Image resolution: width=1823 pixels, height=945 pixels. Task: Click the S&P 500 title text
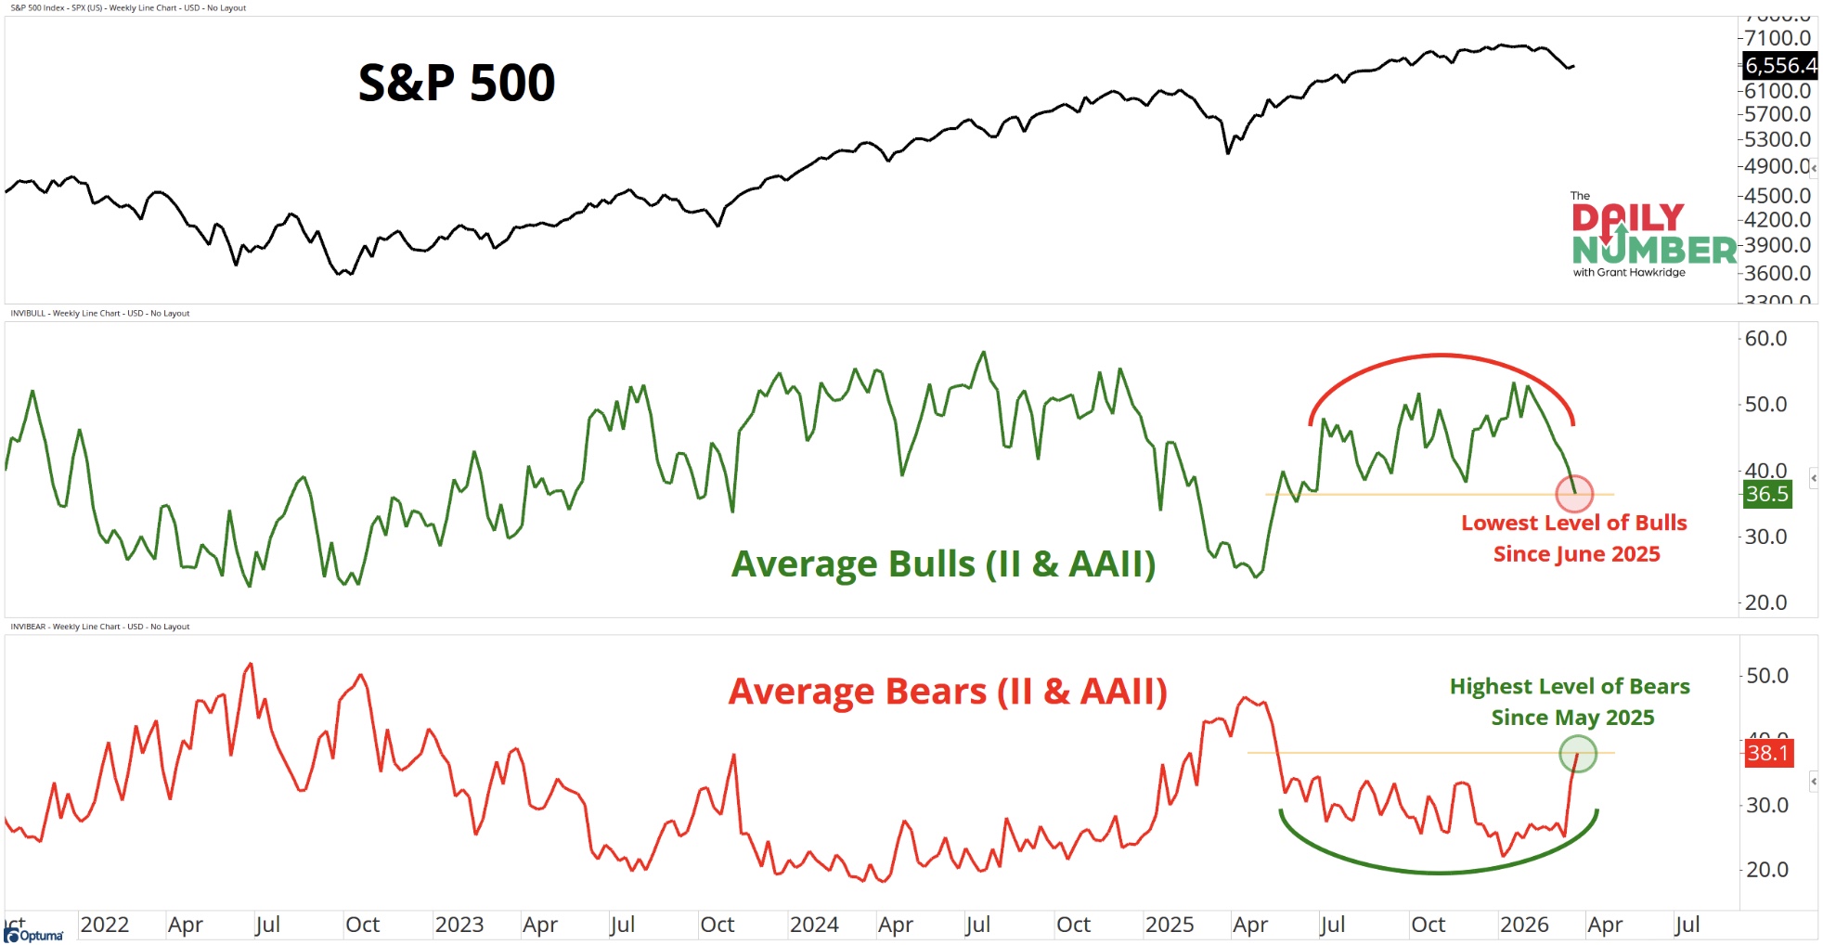456,83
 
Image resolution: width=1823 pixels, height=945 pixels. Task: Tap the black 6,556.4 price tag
1778,66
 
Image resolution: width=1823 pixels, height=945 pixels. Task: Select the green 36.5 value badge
1766,494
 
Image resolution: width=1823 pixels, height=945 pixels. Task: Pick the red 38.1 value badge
1767,753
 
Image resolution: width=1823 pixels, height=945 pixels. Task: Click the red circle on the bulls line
1574,493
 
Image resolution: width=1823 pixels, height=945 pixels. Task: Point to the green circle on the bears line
1577,754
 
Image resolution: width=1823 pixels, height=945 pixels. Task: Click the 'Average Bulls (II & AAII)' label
943,563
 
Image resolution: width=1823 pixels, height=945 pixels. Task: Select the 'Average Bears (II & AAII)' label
947,692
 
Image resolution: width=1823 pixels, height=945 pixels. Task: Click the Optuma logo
34,934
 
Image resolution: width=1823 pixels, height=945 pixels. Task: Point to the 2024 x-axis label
814,925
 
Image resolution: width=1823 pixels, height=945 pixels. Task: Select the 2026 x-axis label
1524,925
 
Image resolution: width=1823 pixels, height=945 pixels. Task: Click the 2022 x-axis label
104,925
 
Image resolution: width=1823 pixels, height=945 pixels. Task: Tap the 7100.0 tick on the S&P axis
1777,38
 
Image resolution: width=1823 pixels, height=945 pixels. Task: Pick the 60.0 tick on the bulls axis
1765,339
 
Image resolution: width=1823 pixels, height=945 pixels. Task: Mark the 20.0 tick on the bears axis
1766,870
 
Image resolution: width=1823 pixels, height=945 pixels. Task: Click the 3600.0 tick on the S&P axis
1777,273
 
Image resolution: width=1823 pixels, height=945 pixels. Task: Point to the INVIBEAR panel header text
100,627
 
